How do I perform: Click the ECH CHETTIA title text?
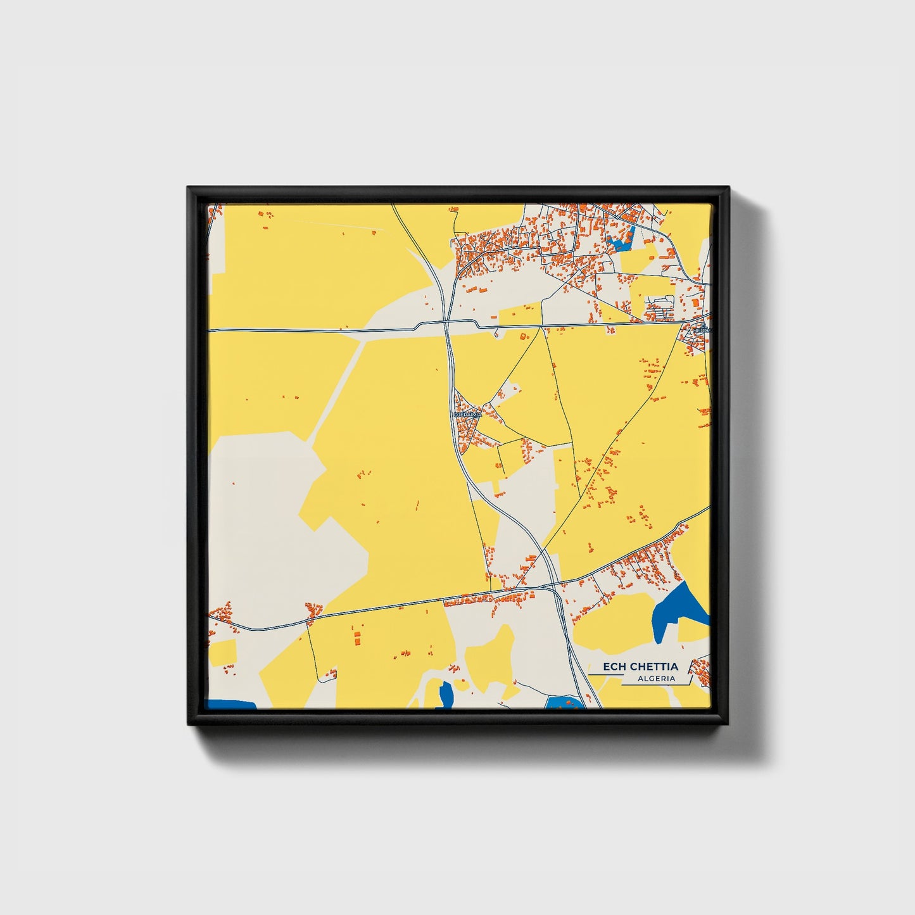pos(640,666)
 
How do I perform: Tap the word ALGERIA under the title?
pos(657,679)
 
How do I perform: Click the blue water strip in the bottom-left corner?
pos(231,704)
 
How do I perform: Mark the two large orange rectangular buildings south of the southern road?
pos(356,638)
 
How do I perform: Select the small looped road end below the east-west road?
pos(496,331)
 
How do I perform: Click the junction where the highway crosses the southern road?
pos(555,586)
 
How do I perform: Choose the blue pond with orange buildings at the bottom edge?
pos(565,702)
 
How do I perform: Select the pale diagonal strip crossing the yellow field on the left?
pos(336,393)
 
